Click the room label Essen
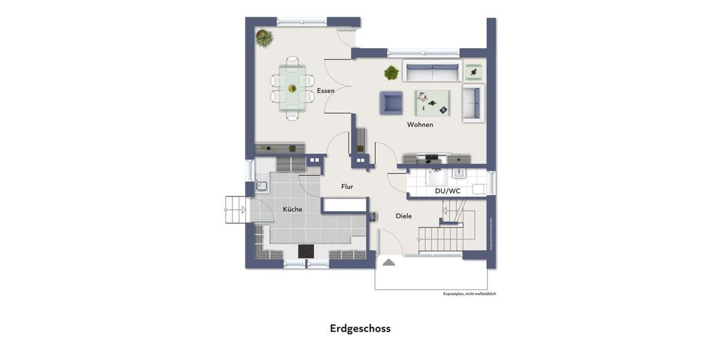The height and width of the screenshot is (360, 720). pos(325,91)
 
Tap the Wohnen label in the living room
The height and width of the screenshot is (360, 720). pos(420,125)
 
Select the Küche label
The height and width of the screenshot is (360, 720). pos(292,209)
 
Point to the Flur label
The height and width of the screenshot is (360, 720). pos(347,187)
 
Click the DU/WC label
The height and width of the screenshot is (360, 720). pos(448,191)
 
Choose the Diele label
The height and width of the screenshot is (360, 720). pos(404,216)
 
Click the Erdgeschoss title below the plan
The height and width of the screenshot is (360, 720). pos(360,329)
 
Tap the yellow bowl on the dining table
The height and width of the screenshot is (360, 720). pos(292,89)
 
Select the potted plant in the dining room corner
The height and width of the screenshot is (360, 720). pos(264,38)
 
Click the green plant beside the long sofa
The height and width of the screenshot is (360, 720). pos(391,73)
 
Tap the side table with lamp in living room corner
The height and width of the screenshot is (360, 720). pos(474,71)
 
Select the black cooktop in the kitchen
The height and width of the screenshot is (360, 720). pos(306,251)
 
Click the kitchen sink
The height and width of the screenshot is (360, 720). pos(262,185)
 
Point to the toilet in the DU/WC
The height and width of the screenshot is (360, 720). pos(481,189)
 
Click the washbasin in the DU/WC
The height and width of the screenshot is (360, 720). pos(458,174)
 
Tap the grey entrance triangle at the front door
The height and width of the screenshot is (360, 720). pos(388,262)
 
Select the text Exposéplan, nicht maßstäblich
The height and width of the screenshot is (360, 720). pos(469,294)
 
